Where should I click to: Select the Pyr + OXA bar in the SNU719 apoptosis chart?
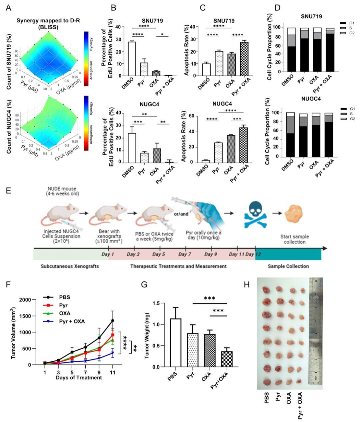point(244,59)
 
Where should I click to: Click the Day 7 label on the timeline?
point(185,254)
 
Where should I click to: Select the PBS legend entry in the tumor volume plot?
point(65,297)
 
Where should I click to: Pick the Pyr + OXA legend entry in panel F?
point(72,321)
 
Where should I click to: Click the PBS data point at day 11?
point(113,320)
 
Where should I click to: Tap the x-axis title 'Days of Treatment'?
point(79,378)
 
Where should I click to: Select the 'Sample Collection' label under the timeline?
point(288,266)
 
